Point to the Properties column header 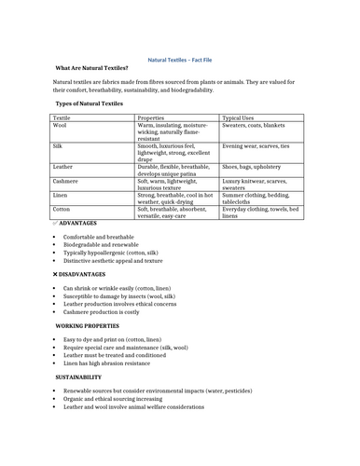tap(150, 118)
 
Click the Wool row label tap(60, 126)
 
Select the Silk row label tap(58, 146)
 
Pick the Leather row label tap(63, 166)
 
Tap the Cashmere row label tap(65, 180)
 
